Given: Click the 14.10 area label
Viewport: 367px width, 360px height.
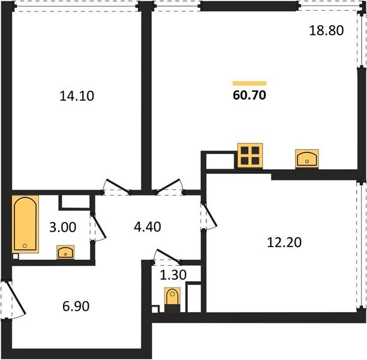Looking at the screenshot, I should pyautogui.click(x=77, y=95).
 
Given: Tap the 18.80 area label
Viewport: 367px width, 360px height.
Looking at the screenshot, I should pyautogui.click(x=326, y=31).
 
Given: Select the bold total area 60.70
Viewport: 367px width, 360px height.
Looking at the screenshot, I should pyautogui.click(x=249, y=95).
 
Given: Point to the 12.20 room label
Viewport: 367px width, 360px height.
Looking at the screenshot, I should pyautogui.click(x=283, y=242).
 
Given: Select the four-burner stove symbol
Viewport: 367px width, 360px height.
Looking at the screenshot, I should pyautogui.click(x=250, y=155).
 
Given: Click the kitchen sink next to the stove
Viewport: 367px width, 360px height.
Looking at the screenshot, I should pyautogui.click(x=308, y=158).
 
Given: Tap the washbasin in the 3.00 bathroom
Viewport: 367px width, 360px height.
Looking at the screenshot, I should pyautogui.click(x=65, y=251).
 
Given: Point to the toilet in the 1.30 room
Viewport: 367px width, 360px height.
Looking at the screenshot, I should pyautogui.click(x=172, y=299).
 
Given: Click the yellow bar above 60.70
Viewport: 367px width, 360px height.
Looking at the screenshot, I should pyautogui.click(x=249, y=83).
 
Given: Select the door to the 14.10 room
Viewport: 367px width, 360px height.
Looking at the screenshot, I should pyautogui.click(x=116, y=187).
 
